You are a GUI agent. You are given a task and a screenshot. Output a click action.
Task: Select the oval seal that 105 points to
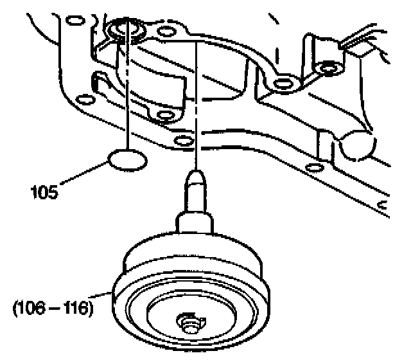[x=127, y=159]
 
